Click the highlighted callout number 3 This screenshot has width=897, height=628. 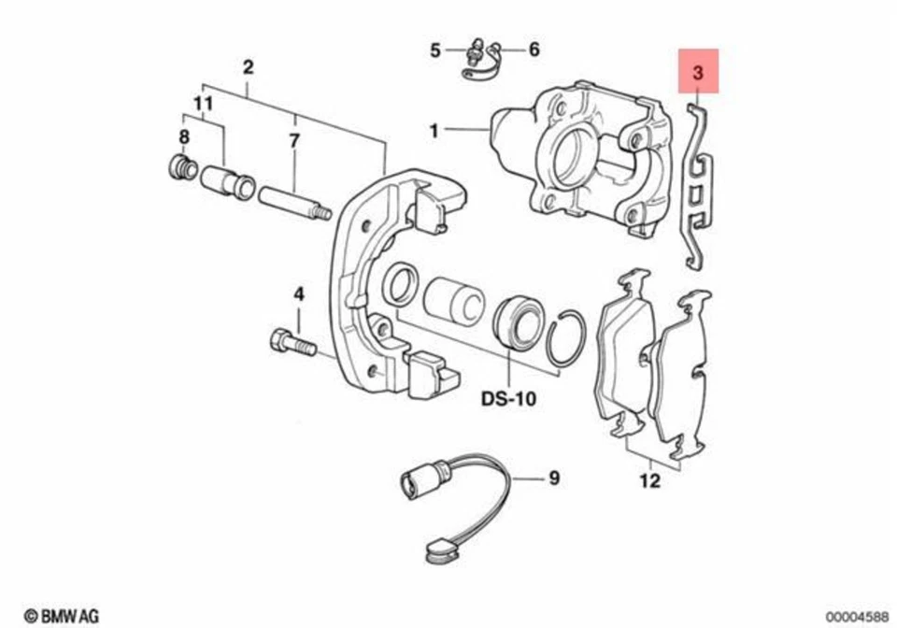click(699, 71)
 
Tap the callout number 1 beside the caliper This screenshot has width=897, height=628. click(434, 132)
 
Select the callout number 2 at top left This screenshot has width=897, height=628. click(248, 67)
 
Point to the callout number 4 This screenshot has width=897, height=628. click(299, 294)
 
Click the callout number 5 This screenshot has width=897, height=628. click(434, 50)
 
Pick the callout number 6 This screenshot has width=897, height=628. click(534, 50)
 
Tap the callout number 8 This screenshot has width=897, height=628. click(183, 137)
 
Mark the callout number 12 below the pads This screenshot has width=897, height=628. click(650, 481)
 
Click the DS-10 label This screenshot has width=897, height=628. click(508, 399)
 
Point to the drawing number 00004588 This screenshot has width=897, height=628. click(854, 616)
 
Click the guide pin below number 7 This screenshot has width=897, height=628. click(293, 203)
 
